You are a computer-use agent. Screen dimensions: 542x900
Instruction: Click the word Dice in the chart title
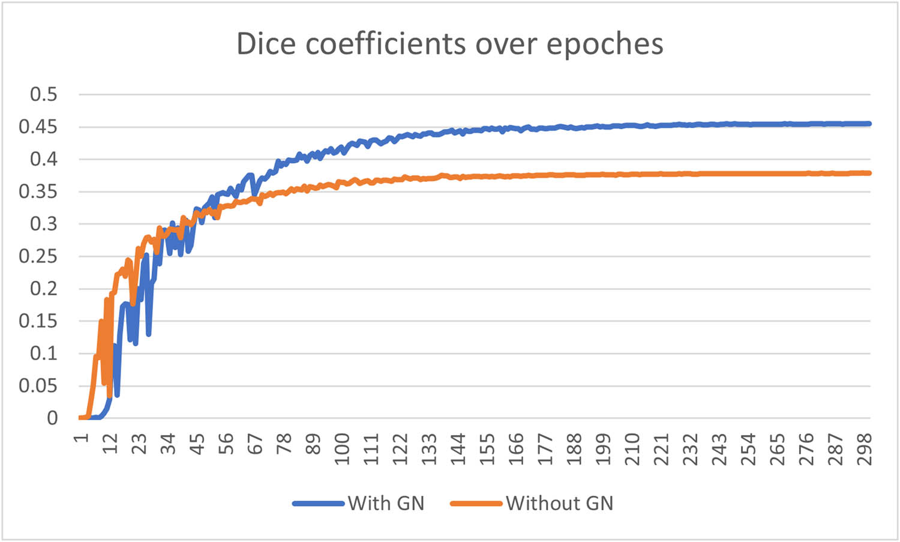coord(266,44)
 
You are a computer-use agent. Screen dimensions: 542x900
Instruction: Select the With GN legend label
coord(386,503)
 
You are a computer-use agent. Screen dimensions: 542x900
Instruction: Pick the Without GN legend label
coord(559,503)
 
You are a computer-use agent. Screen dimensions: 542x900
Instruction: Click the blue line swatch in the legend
coord(319,504)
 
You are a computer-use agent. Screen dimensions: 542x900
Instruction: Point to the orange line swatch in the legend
coord(476,504)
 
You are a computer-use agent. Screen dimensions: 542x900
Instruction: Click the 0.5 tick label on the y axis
coord(44,94)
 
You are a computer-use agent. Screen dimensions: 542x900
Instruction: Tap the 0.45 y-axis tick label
coord(38,127)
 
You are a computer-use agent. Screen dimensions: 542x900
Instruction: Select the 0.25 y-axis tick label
coord(38,256)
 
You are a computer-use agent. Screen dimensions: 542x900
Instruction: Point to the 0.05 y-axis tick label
coord(38,386)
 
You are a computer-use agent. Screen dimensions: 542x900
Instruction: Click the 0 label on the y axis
coord(53,418)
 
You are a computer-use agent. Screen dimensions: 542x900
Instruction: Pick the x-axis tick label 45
coord(197,445)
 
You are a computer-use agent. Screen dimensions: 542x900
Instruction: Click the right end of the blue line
coord(869,124)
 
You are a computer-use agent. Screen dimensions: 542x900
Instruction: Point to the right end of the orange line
coord(869,173)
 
